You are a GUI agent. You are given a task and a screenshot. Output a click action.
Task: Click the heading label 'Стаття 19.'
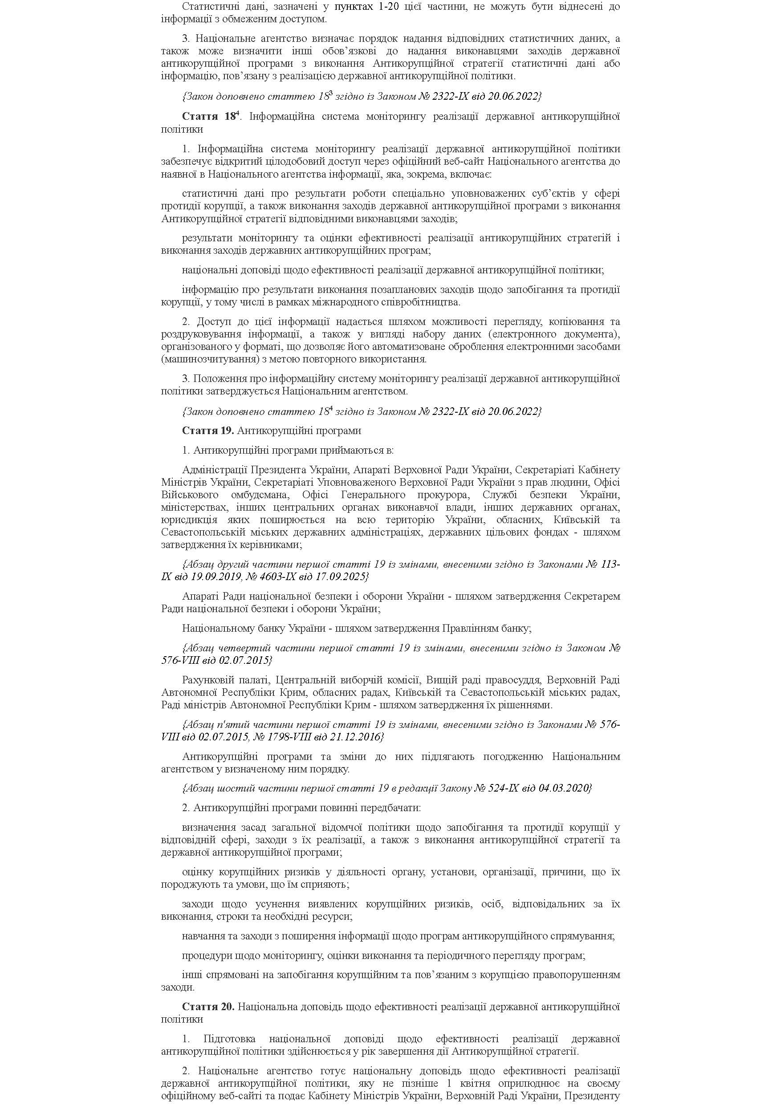tap(208, 430)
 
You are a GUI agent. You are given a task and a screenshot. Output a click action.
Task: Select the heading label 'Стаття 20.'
tap(208, 1006)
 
